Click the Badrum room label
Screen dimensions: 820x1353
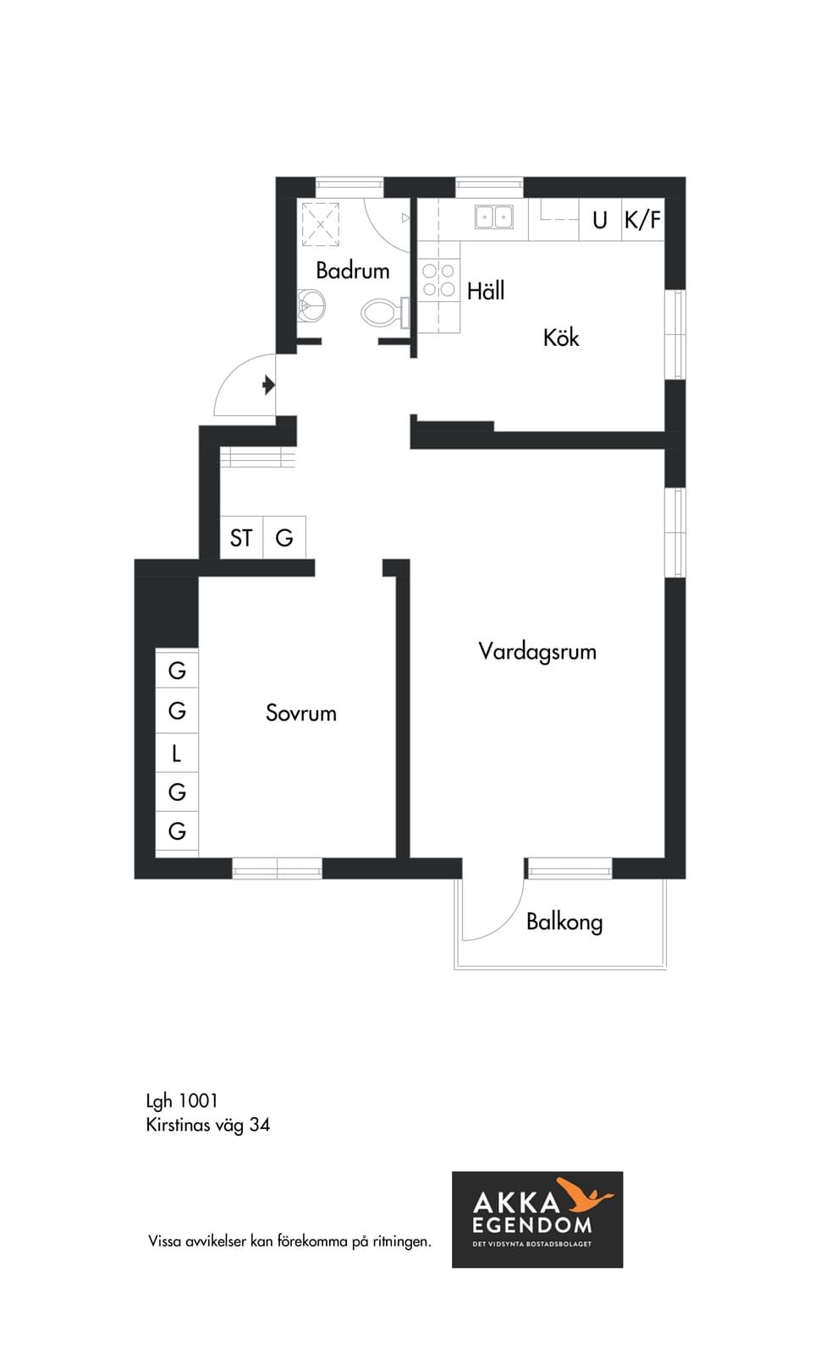coord(352,270)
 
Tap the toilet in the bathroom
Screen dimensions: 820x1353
coord(381,312)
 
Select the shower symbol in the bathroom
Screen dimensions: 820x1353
coord(321,225)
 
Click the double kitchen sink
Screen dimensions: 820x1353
coord(493,216)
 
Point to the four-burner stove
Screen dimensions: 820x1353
coord(438,280)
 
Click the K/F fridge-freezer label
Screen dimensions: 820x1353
coord(642,220)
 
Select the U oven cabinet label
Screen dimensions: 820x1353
coord(599,221)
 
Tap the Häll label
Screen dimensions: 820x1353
coord(486,291)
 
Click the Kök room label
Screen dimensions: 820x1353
coord(561,337)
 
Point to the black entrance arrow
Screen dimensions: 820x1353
coord(269,385)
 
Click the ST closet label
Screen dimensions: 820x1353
coord(241,538)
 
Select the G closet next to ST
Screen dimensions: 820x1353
coord(284,538)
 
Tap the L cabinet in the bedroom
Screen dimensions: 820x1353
coord(177,753)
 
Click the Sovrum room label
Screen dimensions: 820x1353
coord(301,713)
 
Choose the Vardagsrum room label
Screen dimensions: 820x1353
coord(537,652)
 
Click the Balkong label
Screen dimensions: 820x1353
coord(564,923)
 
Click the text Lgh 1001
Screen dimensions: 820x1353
coord(182,1101)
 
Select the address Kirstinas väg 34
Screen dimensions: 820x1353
coord(208,1125)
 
